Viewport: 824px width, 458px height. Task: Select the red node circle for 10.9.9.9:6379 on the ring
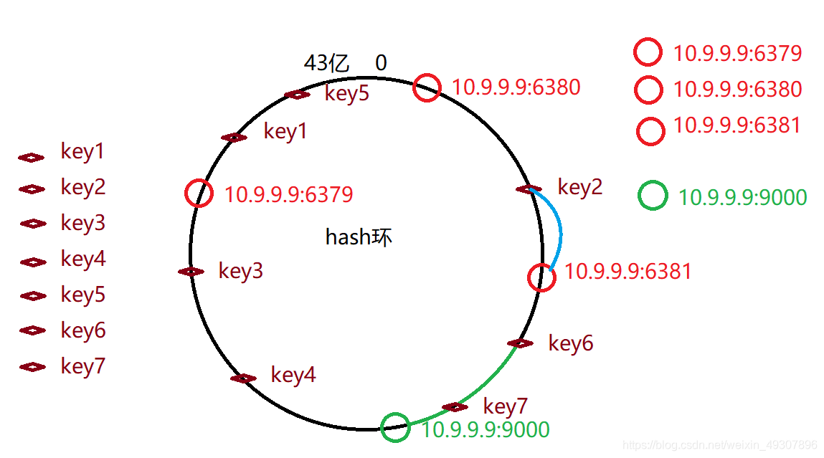(199, 194)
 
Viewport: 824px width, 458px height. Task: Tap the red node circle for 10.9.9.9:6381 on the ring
(541, 277)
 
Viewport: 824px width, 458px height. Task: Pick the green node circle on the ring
(395, 427)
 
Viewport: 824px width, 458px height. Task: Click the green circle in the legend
(653, 196)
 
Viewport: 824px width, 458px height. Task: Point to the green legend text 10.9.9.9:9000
(742, 197)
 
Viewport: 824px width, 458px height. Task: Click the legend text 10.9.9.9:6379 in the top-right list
(737, 53)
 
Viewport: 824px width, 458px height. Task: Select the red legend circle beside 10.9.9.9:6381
(650, 131)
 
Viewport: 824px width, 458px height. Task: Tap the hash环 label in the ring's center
(359, 237)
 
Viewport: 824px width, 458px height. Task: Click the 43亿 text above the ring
(327, 63)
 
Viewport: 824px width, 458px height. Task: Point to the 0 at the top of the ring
(381, 63)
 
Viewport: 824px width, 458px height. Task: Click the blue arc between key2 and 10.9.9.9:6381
(559, 229)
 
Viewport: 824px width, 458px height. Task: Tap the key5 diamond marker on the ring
(297, 95)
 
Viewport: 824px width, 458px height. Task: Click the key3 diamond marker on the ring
(191, 272)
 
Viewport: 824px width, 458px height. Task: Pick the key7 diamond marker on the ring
(455, 407)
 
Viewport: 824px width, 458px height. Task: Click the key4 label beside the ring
(293, 375)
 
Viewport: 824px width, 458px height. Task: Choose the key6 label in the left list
(83, 330)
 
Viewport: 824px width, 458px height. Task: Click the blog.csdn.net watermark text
(720, 445)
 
